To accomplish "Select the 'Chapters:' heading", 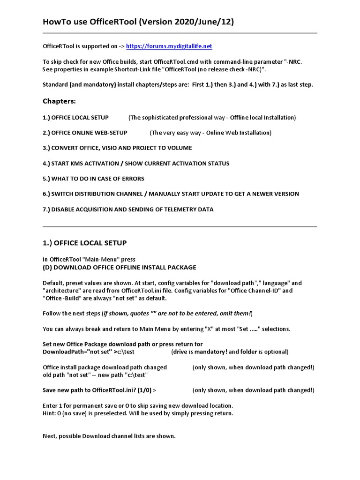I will [x=59, y=101].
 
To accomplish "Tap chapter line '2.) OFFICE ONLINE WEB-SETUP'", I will [x=85, y=133].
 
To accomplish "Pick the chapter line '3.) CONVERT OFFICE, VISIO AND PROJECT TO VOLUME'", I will [x=117, y=148].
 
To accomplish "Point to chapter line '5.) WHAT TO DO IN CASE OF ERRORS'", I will [x=93, y=179].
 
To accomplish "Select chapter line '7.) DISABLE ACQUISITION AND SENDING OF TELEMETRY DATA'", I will [x=128, y=210].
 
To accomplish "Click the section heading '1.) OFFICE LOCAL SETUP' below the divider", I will [x=84, y=243].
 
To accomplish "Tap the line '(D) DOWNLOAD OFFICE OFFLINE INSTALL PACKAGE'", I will [x=120, y=267].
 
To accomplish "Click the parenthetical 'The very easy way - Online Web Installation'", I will [x=210, y=133].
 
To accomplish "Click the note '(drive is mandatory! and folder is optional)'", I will [x=230, y=352].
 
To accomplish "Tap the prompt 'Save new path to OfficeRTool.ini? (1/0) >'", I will [x=99, y=390].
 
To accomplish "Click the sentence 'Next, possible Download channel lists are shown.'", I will [x=109, y=436].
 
